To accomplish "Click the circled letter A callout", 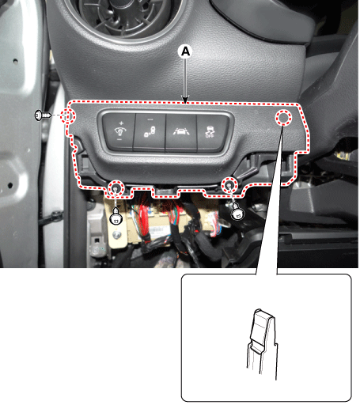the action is click(x=186, y=51).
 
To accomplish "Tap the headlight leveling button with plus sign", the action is click(x=119, y=132).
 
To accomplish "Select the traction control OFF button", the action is click(x=212, y=132).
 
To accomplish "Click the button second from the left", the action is click(x=150, y=132).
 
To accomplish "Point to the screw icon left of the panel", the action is click(x=43, y=115).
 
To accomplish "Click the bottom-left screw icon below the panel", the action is click(x=116, y=216).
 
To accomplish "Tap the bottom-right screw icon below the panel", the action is click(x=237, y=212).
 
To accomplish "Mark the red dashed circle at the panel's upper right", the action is click(x=283, y=118).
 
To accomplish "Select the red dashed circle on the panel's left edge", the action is click(x=68, y=116).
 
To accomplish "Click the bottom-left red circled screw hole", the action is click(x=116, y=188).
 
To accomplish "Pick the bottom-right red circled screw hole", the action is click(x=229, y=185).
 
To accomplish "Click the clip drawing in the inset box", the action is click(x=262, y=343).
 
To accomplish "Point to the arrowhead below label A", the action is click(x=185, y=100).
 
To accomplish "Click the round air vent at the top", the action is click(x=124, y=16).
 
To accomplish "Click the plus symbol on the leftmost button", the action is click(x=121, y=123).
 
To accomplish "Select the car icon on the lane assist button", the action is click(x=181, y=131).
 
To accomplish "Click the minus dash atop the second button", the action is click(x=150, y=119).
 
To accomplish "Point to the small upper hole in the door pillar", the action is click(x=15, y=61).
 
